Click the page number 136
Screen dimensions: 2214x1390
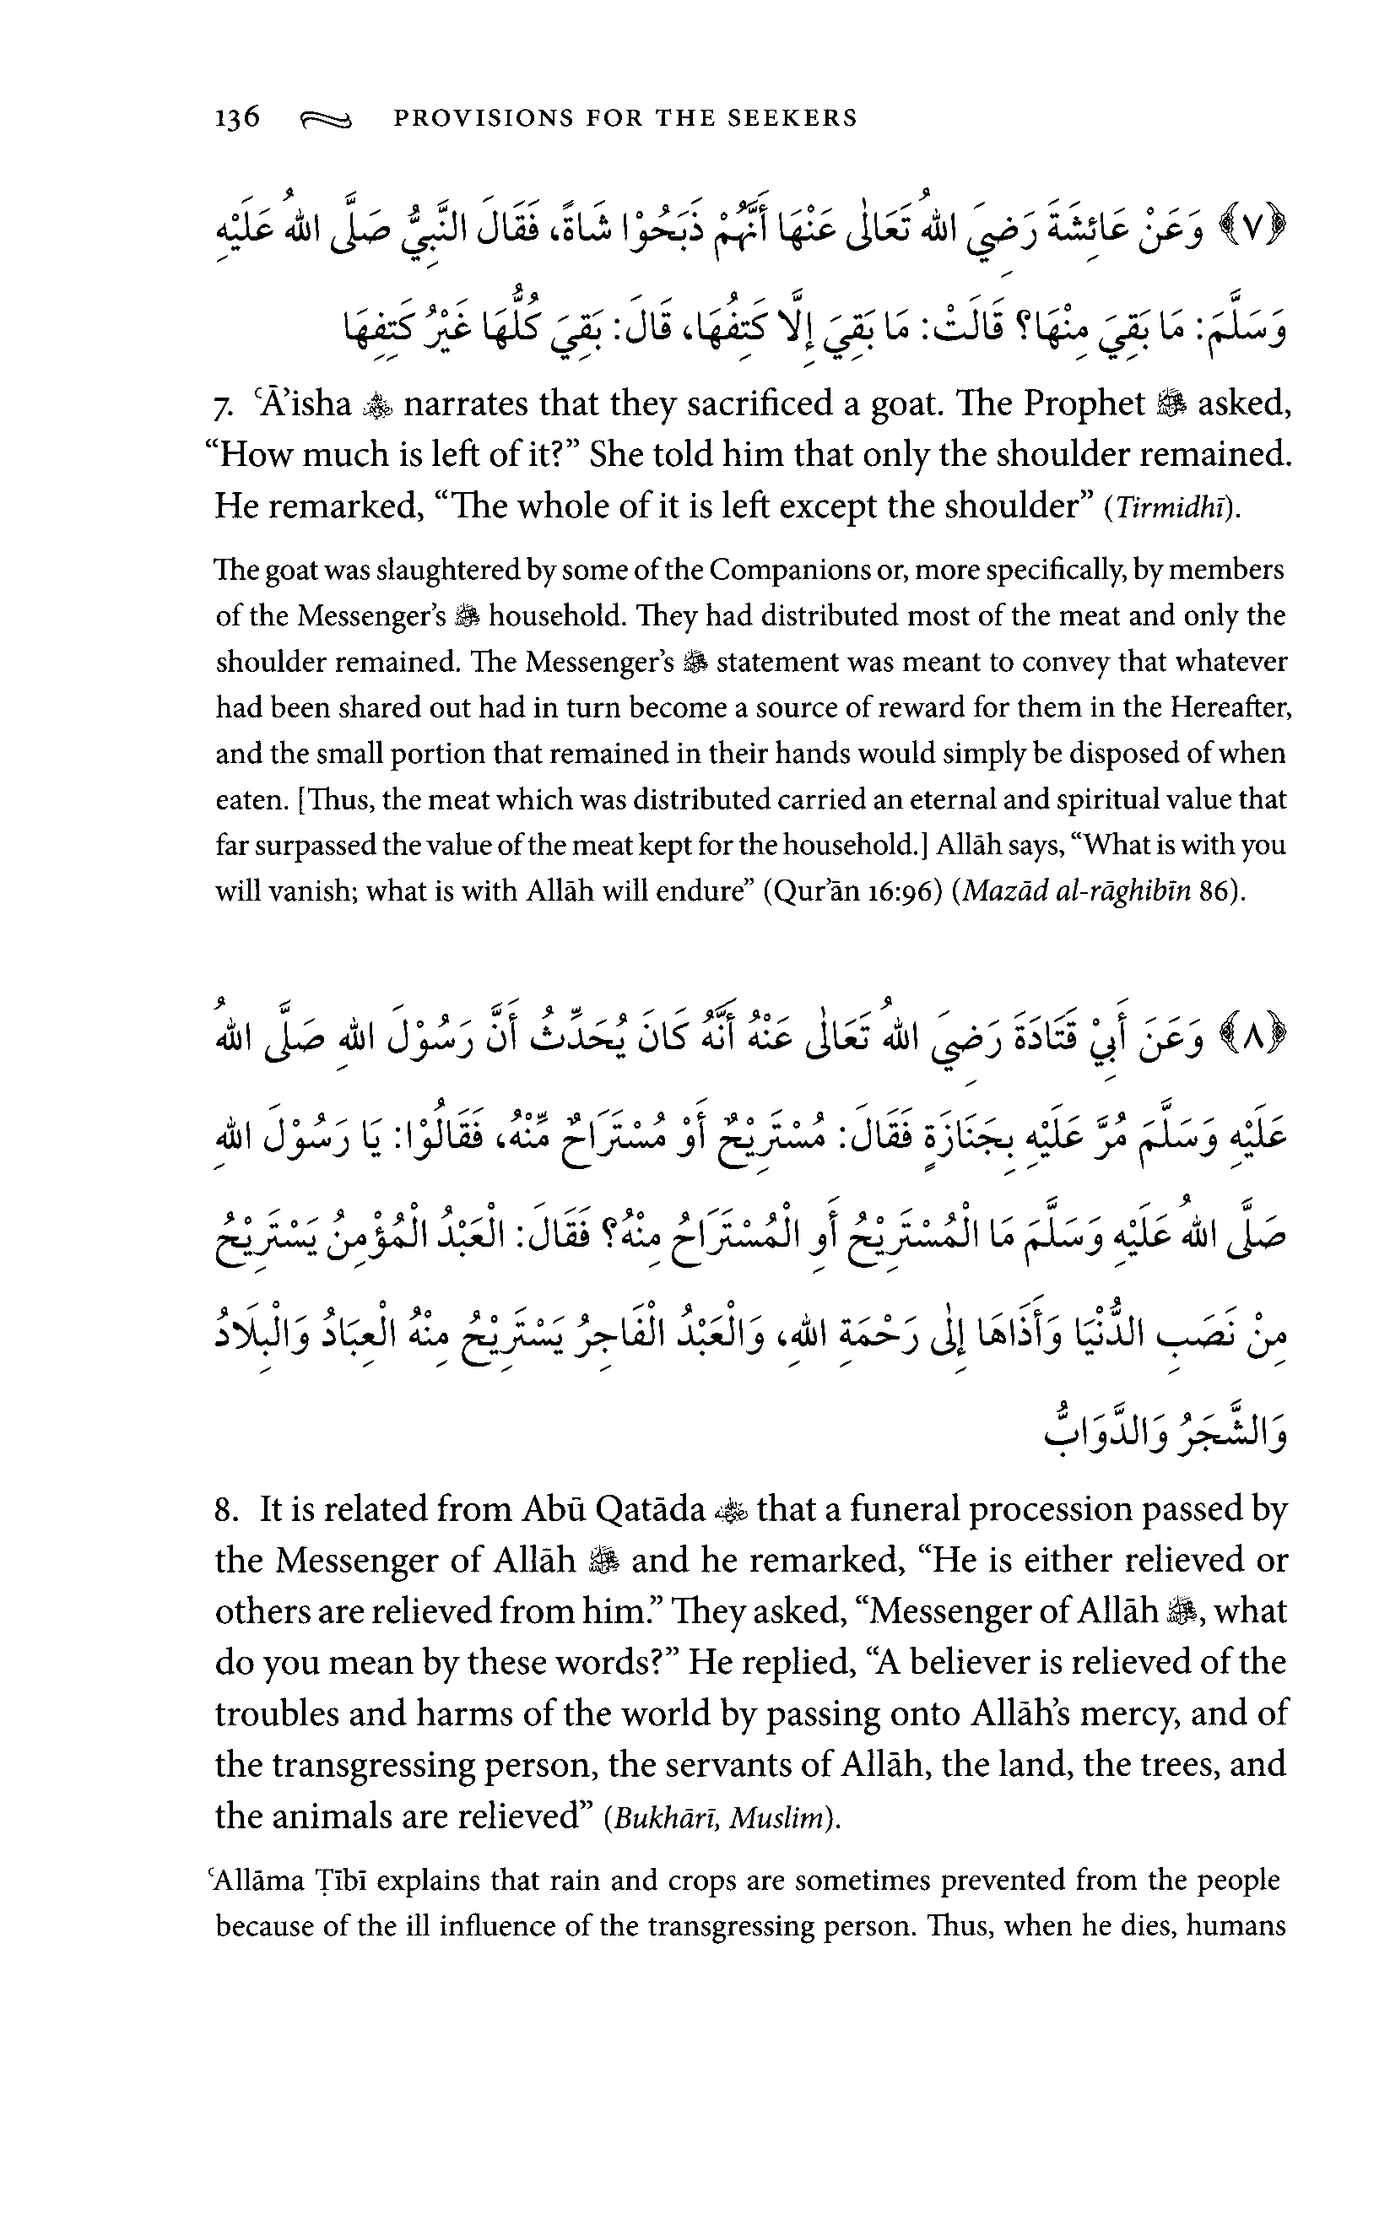click(237, 117)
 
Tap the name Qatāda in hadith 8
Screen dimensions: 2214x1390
click(650, 1511)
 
